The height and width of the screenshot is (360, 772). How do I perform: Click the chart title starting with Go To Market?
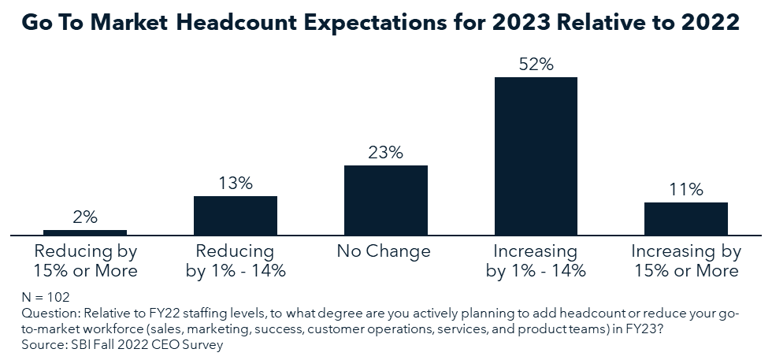click(380, 22)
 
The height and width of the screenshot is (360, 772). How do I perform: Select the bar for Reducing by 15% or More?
click(85, 232)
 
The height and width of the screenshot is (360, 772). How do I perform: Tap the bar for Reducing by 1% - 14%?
click(236, 215)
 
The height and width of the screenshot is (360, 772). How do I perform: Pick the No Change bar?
click(386, 200)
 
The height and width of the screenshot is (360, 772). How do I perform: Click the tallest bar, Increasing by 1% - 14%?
click(536, 155)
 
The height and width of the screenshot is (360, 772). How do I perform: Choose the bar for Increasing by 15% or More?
click(686, 218)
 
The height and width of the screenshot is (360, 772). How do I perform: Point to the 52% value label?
click(536, 65)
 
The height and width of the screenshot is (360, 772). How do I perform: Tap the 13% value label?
click(236, 184)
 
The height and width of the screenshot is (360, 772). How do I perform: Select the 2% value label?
click(85, 218)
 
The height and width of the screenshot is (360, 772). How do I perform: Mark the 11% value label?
click(686, 190)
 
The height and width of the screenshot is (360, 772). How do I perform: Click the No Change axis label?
click(386, 252)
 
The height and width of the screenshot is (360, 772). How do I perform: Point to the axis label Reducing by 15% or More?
click(85, 262)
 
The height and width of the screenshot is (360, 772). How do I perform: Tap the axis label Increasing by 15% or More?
click(686, 262)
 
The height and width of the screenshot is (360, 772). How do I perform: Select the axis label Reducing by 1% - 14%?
click(236, 262)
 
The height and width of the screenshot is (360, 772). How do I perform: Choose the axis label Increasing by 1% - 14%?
click(536, 262)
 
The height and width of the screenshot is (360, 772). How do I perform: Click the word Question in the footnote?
click(44, 314)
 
